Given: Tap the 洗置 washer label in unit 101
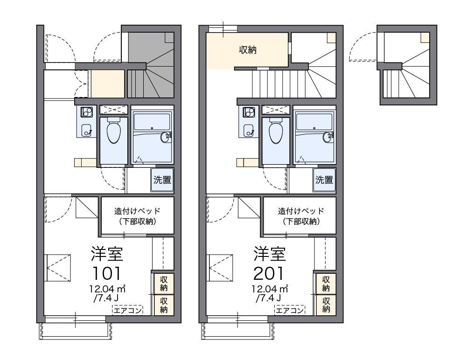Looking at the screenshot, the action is point(162,180).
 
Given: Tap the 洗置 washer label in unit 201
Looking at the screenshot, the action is point(324,180).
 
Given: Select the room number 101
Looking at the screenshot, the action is point(107,273).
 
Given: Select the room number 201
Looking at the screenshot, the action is point(269,273).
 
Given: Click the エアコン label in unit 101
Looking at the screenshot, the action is point(127,310).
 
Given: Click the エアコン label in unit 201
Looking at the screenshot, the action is point(290,310).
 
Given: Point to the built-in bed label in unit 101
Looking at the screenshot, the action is point(137,216).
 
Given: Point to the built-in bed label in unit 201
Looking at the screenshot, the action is point(301,216).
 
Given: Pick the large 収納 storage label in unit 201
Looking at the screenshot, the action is point(248,49).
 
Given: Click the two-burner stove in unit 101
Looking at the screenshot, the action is point(86,112).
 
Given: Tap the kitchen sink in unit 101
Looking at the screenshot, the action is point(87,130).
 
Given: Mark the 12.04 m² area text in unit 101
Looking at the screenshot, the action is point(107,289).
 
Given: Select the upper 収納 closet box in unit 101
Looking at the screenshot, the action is point(164,283).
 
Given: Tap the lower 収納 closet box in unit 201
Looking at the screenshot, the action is point(326,305).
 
